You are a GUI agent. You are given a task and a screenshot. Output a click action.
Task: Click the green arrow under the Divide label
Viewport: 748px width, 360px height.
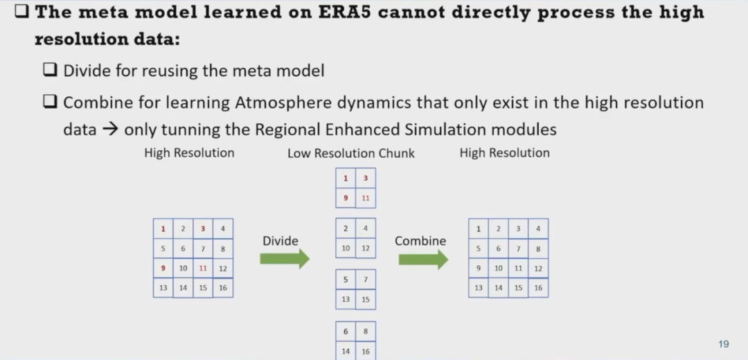click(x=285, y=259)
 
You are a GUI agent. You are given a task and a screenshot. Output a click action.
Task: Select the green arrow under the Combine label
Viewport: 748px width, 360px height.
click(x=424, y=259)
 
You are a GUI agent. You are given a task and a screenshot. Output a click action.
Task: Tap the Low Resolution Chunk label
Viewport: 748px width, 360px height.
click(x=351, y=154)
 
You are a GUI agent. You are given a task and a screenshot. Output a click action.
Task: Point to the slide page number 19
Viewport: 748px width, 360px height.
click(x=723, y=344)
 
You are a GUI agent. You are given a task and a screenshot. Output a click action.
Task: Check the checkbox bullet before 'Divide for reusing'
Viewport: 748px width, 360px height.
click(x=50, y=71)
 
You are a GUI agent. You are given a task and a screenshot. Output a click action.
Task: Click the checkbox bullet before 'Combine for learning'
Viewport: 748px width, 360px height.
click(x=50, y=102)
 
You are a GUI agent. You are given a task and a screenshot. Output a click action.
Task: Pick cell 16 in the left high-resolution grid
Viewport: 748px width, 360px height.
click(x=223, y=288)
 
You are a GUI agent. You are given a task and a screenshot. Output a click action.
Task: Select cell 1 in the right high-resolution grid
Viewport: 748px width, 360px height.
click(x=479, y=229)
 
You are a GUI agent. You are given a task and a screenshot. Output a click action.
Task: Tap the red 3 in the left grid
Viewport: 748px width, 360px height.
click(x=203, y=229)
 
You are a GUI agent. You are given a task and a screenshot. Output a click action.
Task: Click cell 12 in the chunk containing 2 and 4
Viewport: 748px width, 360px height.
click(x=366, y=249)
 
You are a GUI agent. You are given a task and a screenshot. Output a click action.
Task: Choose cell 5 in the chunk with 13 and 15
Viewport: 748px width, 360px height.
click(x=346, y=280)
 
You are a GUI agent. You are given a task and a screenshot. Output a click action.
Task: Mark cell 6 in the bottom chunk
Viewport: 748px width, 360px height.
click(x=346, y=332)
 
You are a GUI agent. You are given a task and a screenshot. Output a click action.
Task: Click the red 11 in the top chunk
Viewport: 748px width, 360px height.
click(x=366, y=198)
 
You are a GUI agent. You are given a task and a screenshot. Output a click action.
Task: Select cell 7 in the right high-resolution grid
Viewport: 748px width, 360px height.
click(x=518, y=249)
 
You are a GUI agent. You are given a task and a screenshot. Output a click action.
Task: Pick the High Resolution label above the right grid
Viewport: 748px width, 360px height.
click(x=505, y=153)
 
